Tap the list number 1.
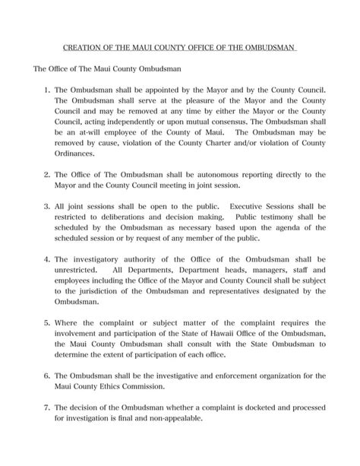tap(47, 89)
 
